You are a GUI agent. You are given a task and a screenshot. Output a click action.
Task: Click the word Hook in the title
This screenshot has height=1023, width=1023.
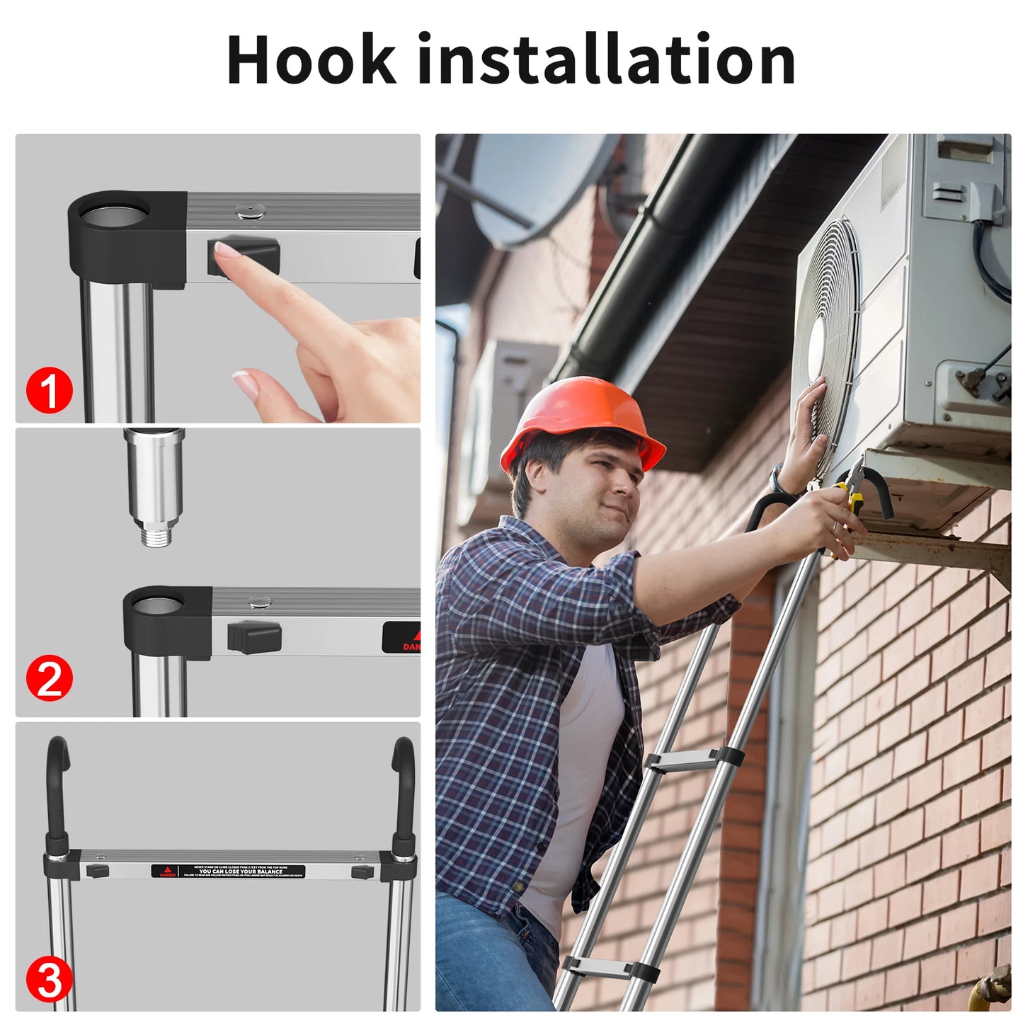tap(311, 60)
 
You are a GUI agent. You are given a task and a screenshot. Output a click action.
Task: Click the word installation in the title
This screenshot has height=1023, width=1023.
tap(607, 60)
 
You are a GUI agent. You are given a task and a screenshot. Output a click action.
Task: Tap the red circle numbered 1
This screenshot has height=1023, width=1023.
tap(50, 390)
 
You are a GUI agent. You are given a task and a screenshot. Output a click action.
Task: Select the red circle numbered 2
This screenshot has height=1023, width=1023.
tap(50, 678)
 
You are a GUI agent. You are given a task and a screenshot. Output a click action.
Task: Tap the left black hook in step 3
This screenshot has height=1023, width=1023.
tap(57, 786)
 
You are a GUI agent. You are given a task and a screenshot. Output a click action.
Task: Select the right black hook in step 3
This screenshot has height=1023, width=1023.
tap(404, 786)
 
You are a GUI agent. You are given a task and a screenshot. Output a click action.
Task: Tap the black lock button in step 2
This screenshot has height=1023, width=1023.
tap(254, 636)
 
